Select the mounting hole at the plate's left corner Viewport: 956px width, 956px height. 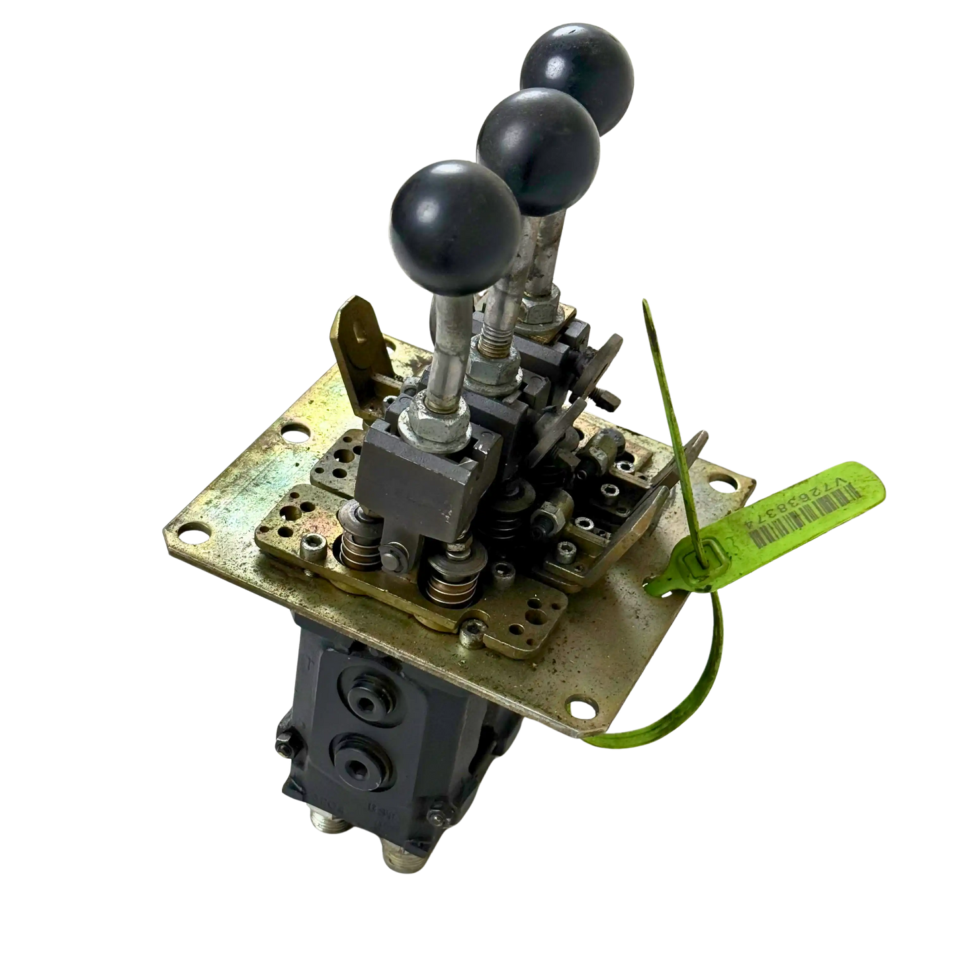pyautogui.click(x=292, y=435)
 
